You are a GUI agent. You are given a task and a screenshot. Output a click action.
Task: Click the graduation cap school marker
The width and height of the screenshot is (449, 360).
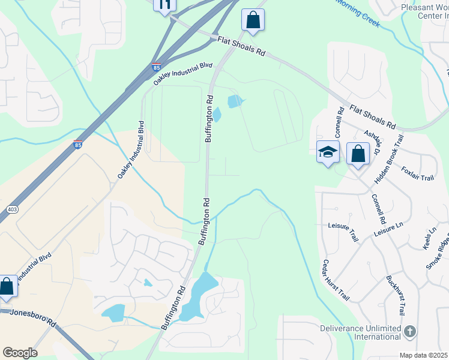click(x=328, y=152)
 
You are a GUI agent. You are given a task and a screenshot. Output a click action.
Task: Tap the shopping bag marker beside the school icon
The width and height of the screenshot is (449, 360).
click(x=358, y=154)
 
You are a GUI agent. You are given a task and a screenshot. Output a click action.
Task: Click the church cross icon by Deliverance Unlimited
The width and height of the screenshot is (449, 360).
click(x=410, y=331)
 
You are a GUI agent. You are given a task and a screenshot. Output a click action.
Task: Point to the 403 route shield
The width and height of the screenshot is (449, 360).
click(x=12, y=209)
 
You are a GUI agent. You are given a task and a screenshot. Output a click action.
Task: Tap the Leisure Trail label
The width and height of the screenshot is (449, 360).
click(x=343, y=232)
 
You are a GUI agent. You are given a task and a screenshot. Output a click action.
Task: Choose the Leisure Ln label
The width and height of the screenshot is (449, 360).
click(x=388, y=229)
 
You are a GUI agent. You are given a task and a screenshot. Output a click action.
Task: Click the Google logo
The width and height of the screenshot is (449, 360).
click(x=20, y=352)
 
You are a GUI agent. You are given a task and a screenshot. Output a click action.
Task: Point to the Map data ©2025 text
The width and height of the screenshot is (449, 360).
click(x=424, y=355)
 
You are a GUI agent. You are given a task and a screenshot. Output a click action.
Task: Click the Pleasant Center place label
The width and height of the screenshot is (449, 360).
click(x=424, y=13)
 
